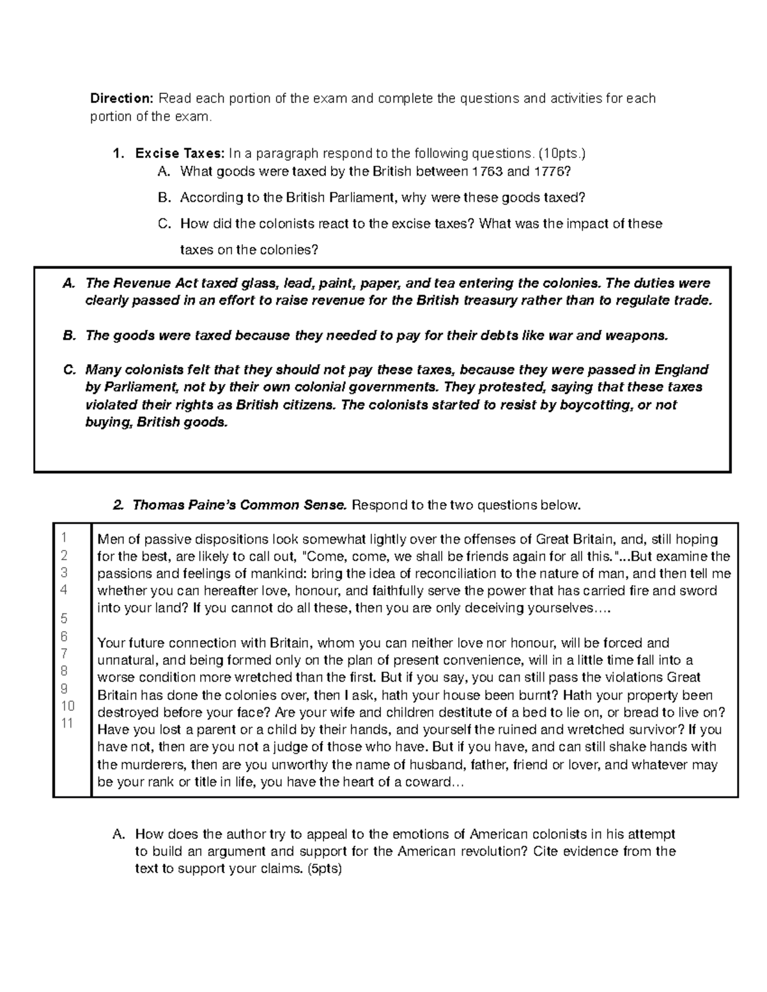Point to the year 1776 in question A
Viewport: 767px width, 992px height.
[x=547, y=171]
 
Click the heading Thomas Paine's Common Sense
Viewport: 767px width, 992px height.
[x=240, y=505]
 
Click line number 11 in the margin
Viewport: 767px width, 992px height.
[x=67, y=723]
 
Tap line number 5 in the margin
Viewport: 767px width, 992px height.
[x=64, y=618]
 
